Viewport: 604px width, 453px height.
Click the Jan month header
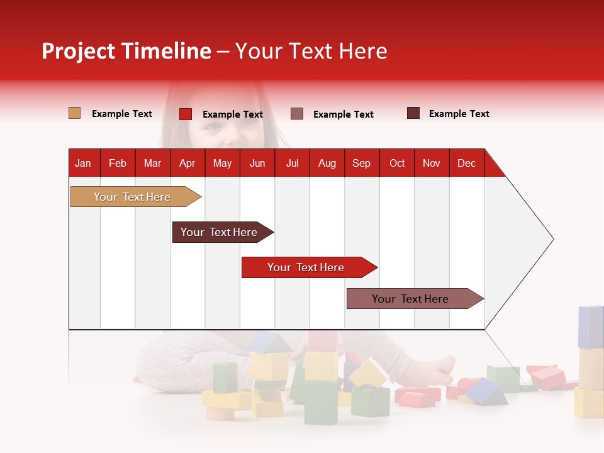pyautogui.click(x=83, y=163)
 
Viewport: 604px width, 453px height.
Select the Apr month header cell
pyautogui.click(x=187, y=163)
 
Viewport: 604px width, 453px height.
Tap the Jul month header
pyautogui.click(x=292, y=163)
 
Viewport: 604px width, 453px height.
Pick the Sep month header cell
pyautogui.click(x=361, y=163)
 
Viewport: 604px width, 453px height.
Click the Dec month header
pyautogui.click(x=466, y=163)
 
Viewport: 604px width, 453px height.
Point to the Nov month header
pyautogui.click(x=431, y=163)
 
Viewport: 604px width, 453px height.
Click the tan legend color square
pyautogui.click(x=74, y=113)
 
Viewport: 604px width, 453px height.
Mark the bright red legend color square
pyautogui.click(x=185, y=114)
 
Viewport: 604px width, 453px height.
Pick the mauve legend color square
pyautogui.click(x=297, y=113)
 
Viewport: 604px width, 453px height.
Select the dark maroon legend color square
pyautogui.click(x=413, y=113)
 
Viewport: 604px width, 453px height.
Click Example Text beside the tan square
pyautogui.click(x=121, y=114)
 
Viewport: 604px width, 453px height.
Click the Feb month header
pyautogui.click(x=118, y=163)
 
